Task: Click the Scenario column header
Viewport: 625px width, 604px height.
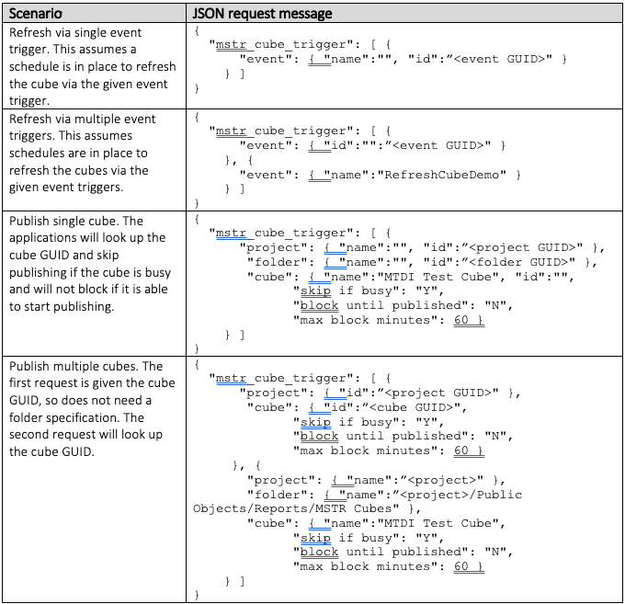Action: click(x=36, y=14)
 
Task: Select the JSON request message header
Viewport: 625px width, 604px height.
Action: click(x=262, y=14)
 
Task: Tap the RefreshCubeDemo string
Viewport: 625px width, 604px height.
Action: click(x=441, y=175)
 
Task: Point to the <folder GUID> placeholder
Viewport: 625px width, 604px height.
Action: click(x=522, y=262)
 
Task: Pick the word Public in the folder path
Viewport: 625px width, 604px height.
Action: click(x=499, y=495)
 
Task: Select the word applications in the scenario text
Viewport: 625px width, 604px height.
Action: click(x=42, y=238)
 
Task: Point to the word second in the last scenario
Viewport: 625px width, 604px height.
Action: click(x=28, y=434)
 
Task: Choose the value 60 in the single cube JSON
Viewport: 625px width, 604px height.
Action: click(x=460, y=320)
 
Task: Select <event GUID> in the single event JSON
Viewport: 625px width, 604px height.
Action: click(x=503, y=59)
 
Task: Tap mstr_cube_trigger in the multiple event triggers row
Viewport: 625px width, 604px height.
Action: click(x=281, y=131)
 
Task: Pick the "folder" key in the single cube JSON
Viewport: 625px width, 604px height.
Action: click(x=280, y=262)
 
